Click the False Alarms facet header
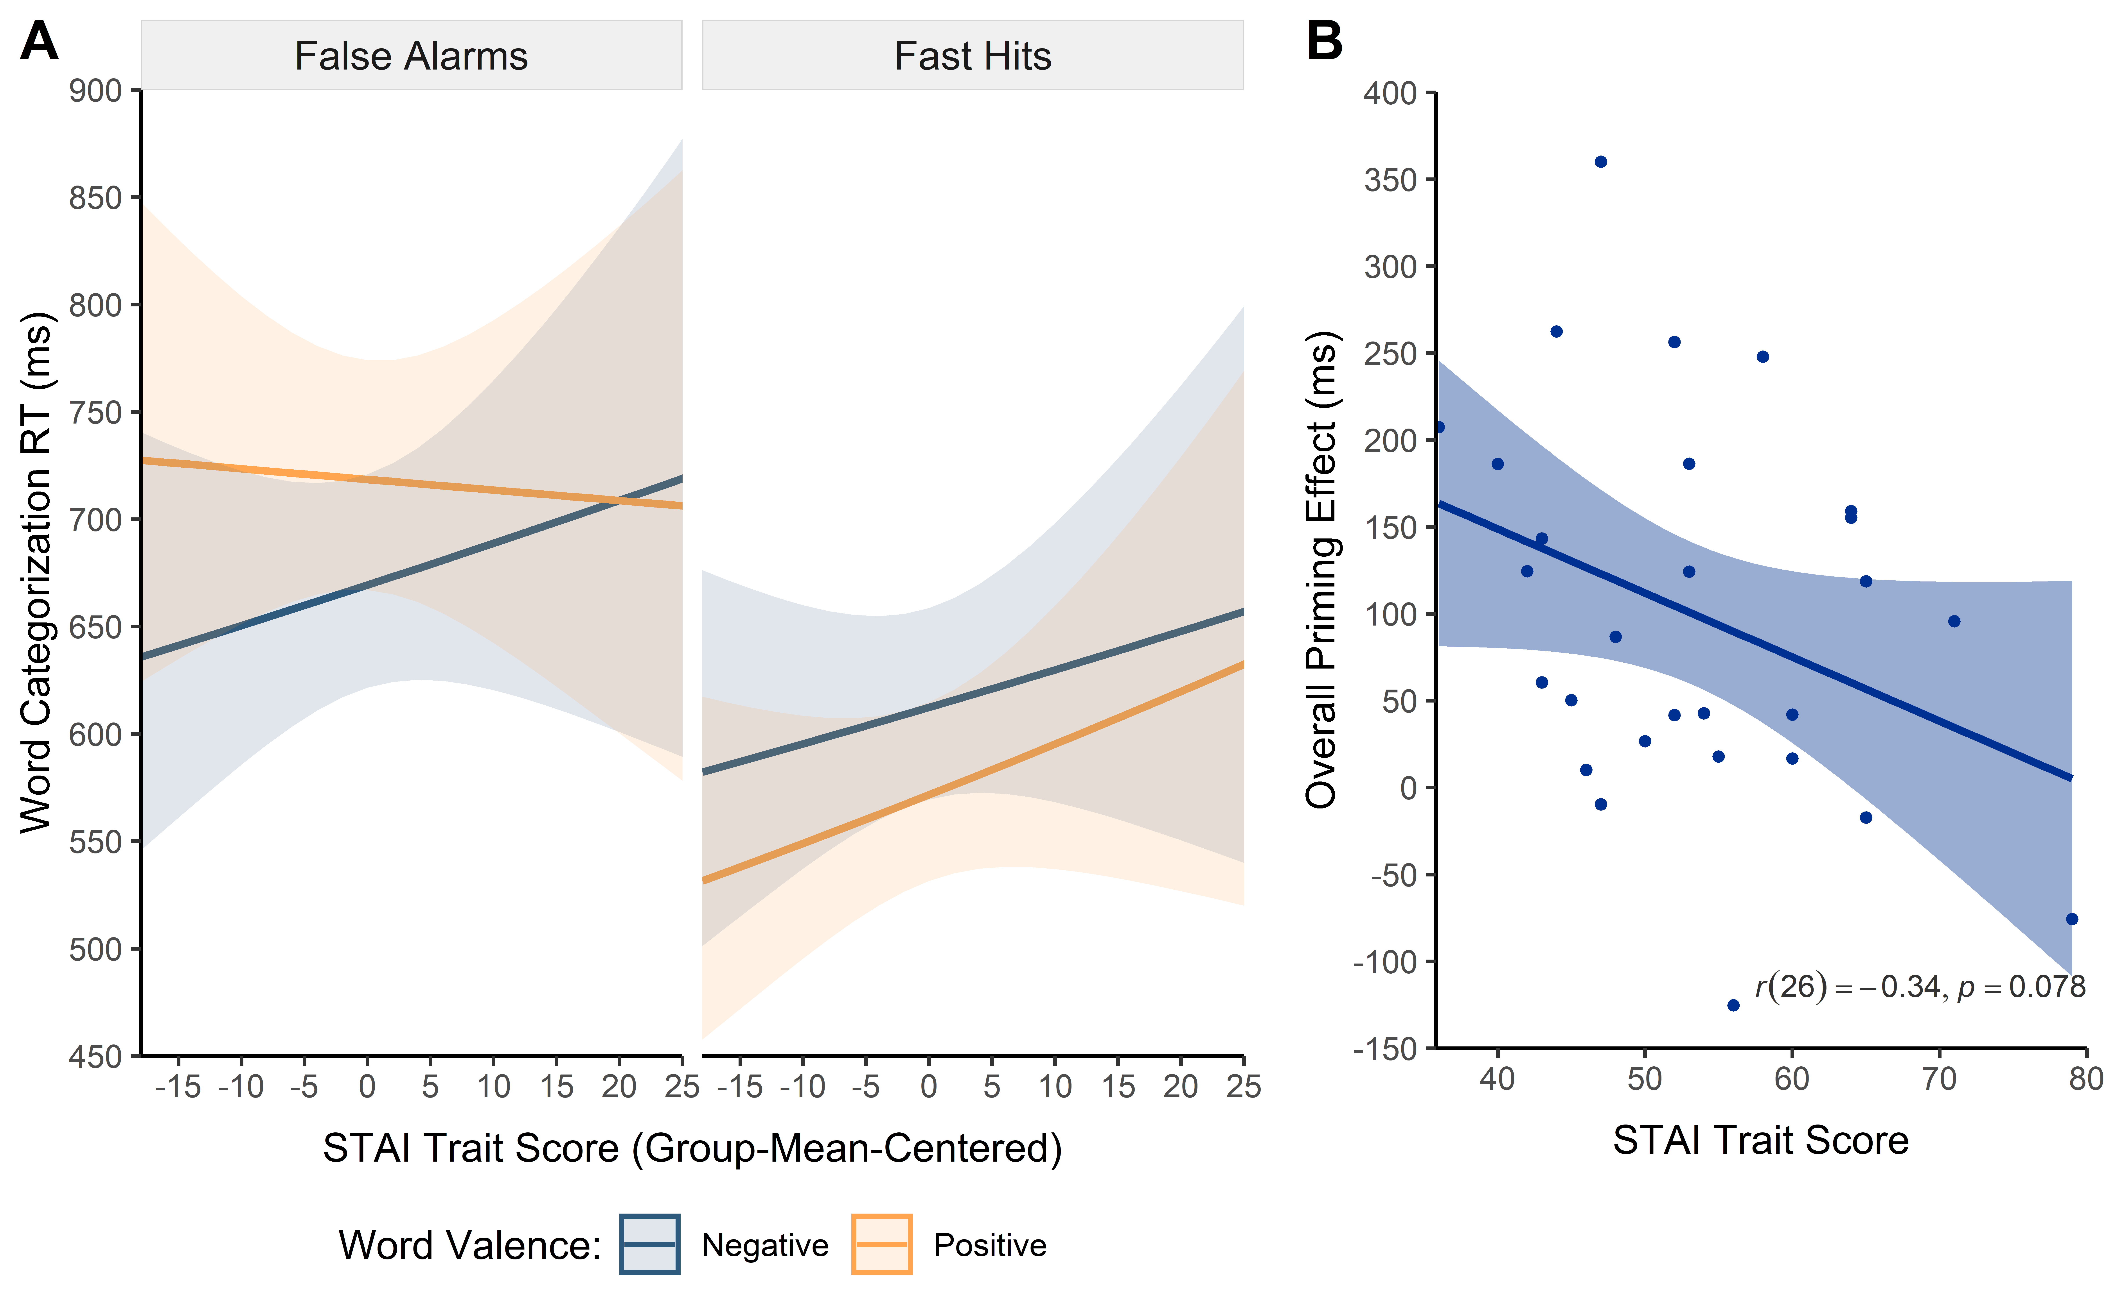click(411, 56)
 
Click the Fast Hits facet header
click(973, 56)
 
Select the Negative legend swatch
click(649, 1244)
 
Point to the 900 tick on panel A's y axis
click(96, 91)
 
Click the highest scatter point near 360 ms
click(1600, 162)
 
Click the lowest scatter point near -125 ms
click(1733, 1005)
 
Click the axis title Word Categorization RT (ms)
click(37, 572)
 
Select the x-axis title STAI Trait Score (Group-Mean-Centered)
click(692, 1148)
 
